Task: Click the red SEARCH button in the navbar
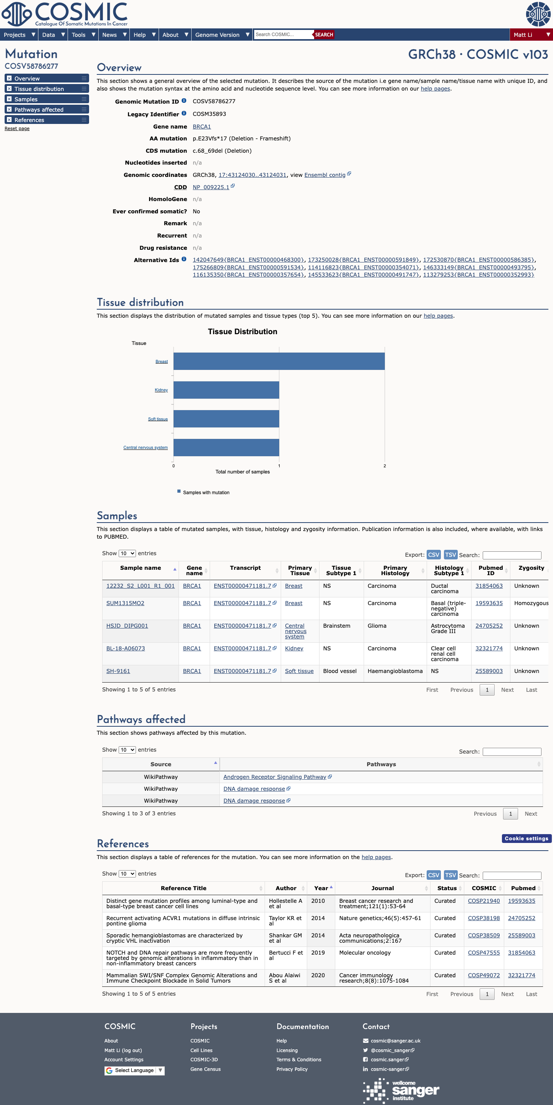[324, 35]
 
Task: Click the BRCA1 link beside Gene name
[202, 127]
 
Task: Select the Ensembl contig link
[325, 175]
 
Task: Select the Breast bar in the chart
[279, 361]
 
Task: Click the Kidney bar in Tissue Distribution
[226, 390]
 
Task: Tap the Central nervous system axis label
[146, 447]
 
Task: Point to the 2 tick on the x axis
[385, 466]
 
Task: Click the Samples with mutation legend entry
[204, 492]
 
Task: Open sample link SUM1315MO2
[125, 603]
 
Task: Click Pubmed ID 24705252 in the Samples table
[489, 626]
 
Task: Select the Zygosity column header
[531, 568]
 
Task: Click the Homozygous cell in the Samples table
[531, 603]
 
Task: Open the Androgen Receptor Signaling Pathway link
[275, 777]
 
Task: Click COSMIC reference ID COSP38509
[484, 935]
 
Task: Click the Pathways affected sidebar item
[47, 110]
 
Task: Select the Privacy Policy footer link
[292, 1069]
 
